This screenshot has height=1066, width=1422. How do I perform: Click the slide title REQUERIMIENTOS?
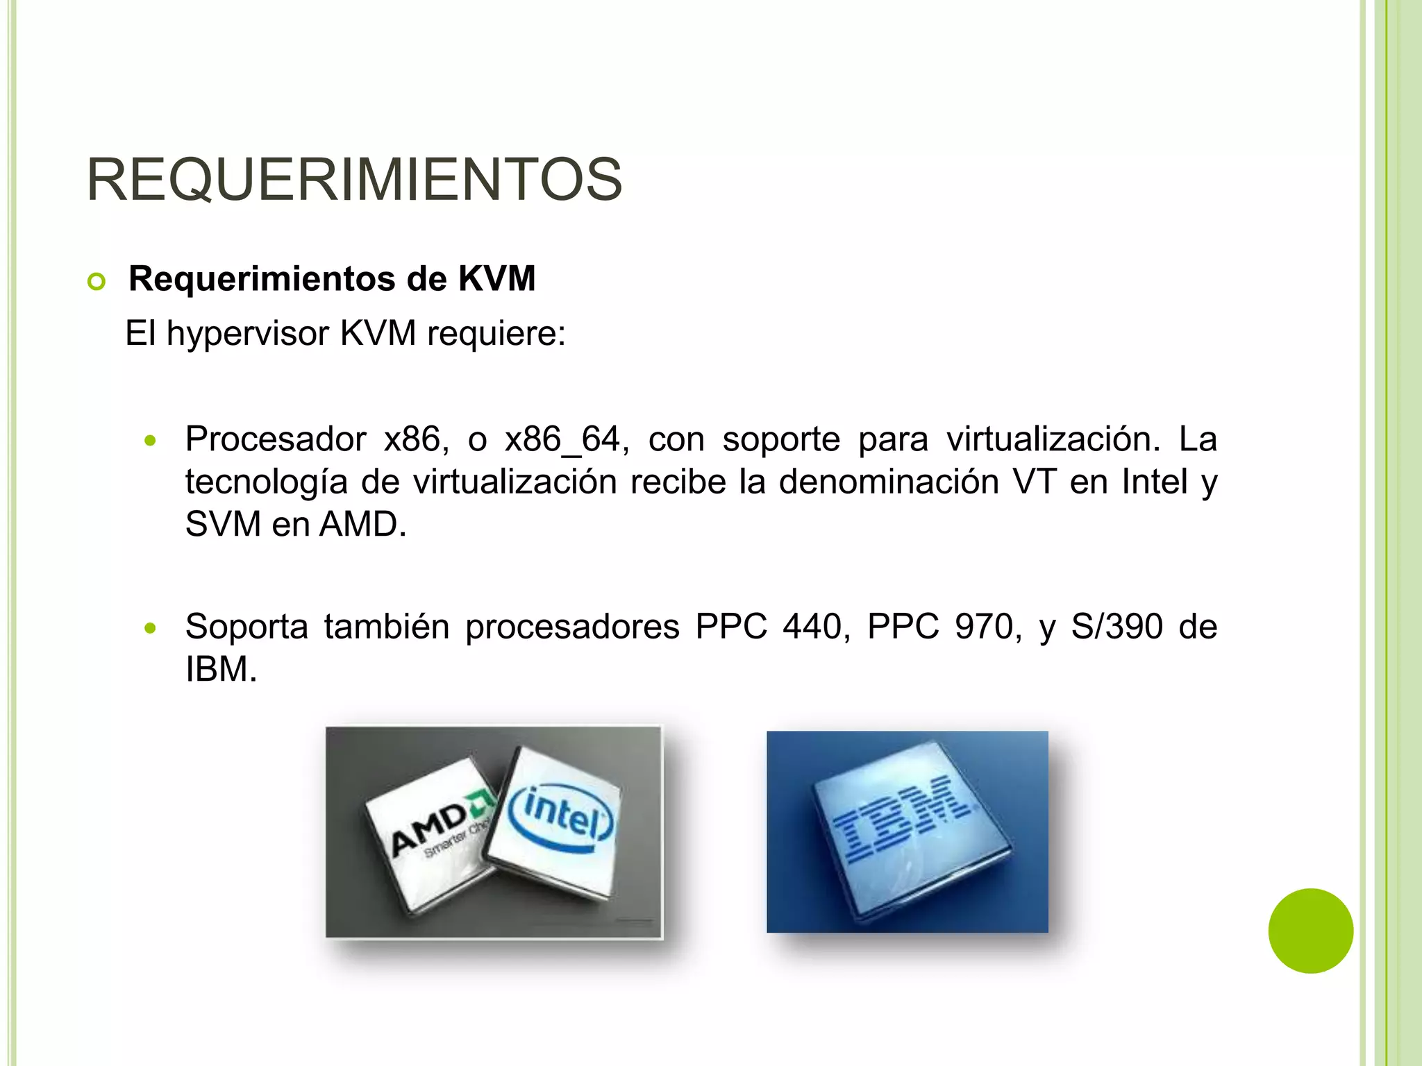click(354, 180)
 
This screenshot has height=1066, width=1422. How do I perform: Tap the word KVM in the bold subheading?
click(496, 279)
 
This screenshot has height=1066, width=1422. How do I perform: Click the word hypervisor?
click(247, 334)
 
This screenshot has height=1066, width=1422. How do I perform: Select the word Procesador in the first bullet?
click(276, 439)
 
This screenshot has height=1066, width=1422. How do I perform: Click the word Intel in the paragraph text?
click(1155, 482)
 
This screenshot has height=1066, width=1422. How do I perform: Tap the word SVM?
click(223, 524)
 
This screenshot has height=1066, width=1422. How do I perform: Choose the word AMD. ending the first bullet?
click(362, 524)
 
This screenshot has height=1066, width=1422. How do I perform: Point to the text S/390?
click(1116, 627)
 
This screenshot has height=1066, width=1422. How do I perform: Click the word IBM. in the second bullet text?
click(221, 670)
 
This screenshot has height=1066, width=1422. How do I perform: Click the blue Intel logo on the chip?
click(561, 818)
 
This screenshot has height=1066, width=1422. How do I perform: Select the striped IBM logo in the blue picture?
click(903, 819)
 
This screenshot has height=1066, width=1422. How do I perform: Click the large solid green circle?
click(1310, 931)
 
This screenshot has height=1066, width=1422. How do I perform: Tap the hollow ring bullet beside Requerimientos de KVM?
click(97, 282)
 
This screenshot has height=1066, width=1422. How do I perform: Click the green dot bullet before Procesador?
click(150, 441)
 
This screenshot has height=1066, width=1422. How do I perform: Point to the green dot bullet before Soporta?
click(150, 628)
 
